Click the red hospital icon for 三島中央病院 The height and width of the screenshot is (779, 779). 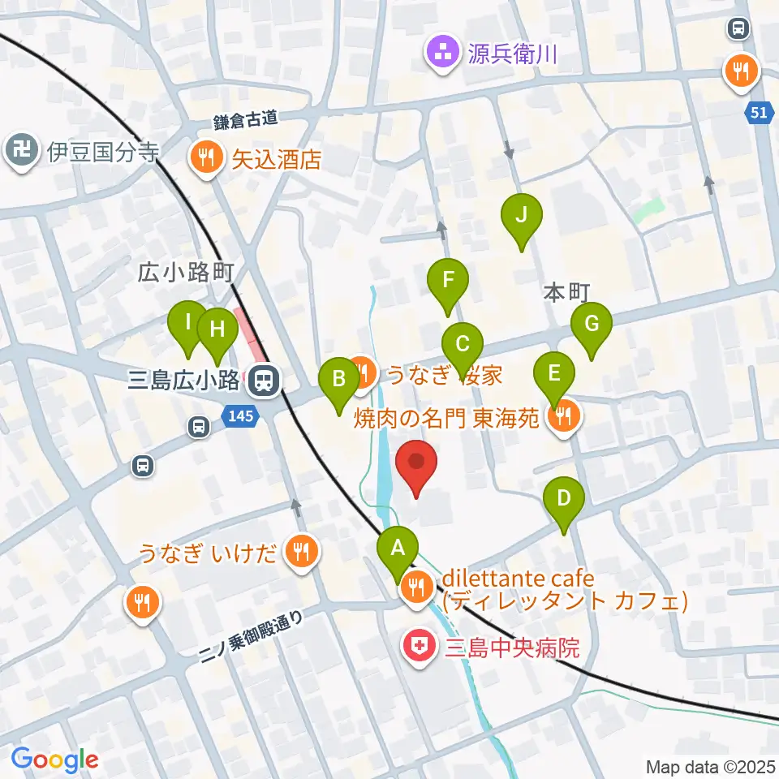[x=419, y=648]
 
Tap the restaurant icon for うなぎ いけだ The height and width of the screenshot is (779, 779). [x=302, y=555]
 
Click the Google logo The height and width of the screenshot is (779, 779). [x=54, y=760]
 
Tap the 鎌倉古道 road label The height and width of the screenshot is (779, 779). [x=246, y=119]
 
